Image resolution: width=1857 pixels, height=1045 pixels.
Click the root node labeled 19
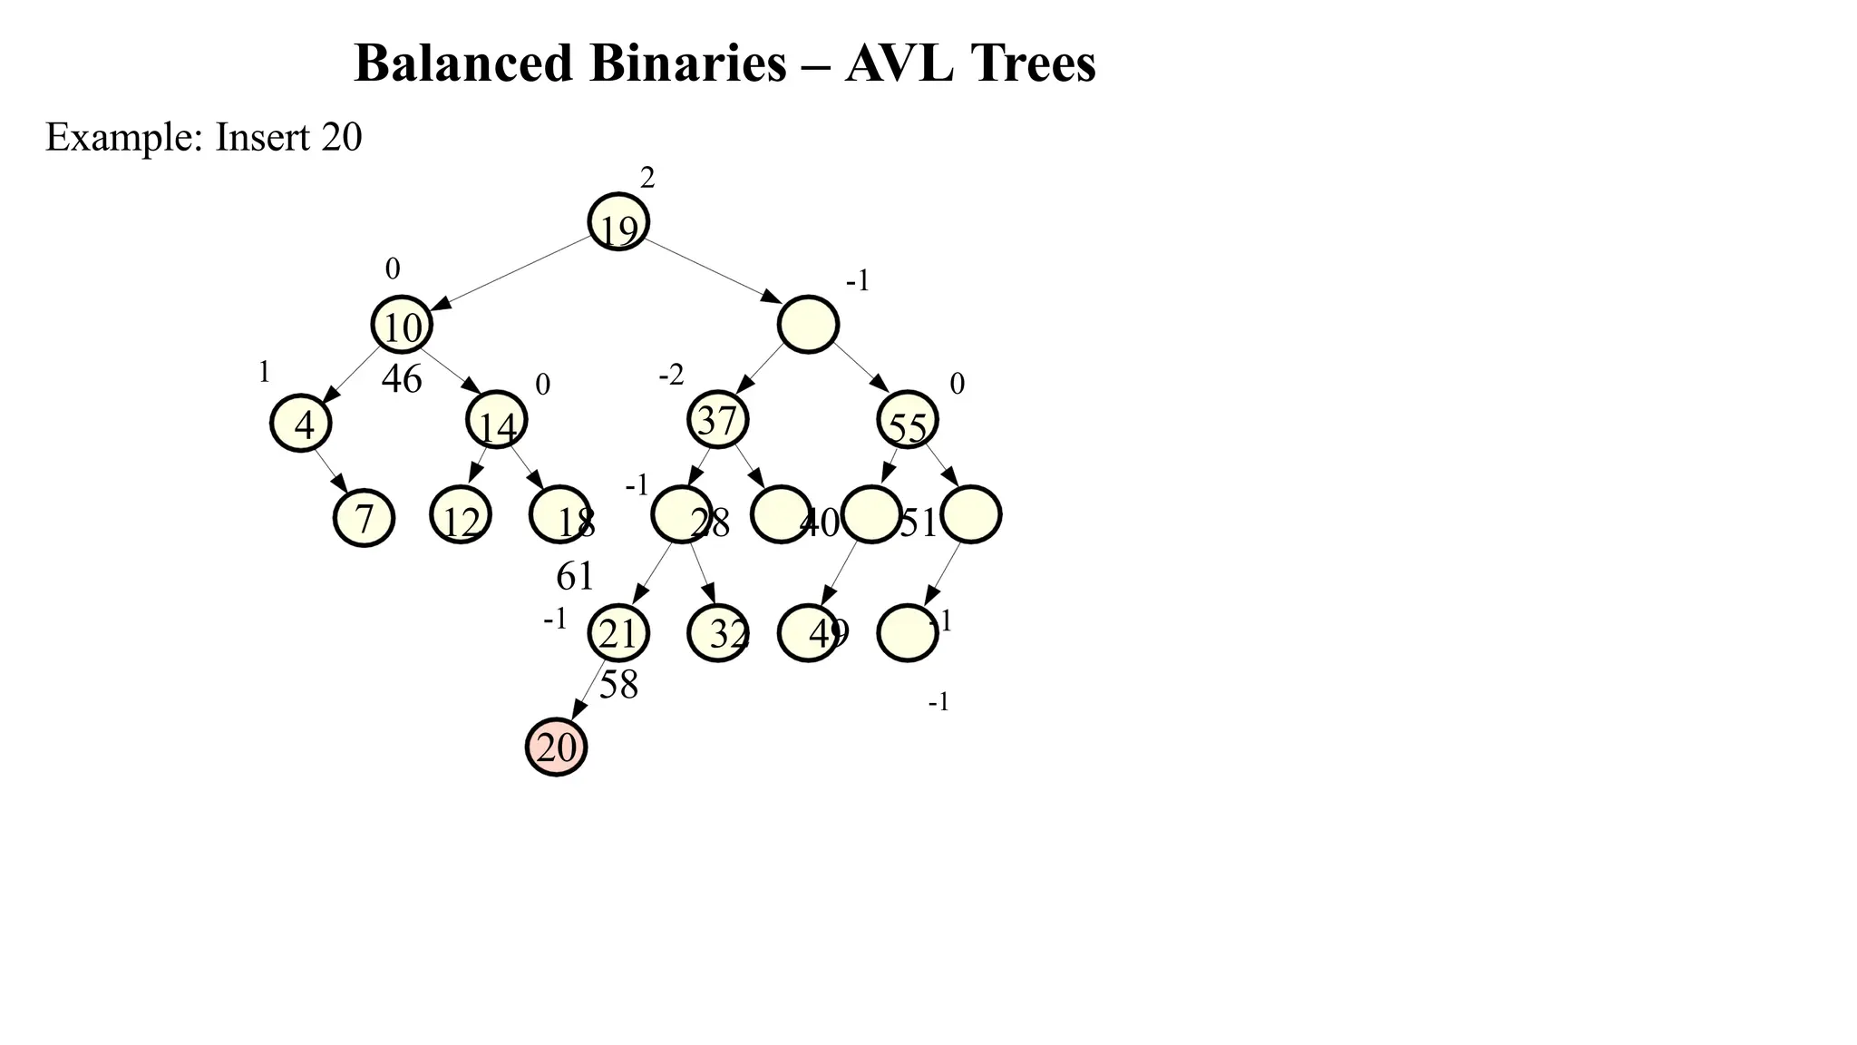[x=618, y=222]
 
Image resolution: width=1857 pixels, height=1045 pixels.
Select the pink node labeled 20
[x=557, y=747]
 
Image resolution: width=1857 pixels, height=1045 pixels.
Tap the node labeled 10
[x=402, y=325]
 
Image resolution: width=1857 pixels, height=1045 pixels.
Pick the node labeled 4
[x=301, y=424]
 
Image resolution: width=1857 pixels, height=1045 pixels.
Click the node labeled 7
[x=365, y=518]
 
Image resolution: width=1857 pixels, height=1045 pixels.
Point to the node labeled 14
[x=497, y=421]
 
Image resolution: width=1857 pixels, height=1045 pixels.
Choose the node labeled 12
[x=461, y=516]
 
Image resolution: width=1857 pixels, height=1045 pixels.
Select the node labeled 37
[x=718, y=420]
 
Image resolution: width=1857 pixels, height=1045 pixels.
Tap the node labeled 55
[x=908, y=421]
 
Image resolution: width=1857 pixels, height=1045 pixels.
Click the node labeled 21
[x=618, y=633]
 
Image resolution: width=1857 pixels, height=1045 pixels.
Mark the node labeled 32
[x=718, y=633]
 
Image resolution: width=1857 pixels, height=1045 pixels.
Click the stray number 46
[x=402, y=379]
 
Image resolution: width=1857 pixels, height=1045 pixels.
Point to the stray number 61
[x=575, y=576]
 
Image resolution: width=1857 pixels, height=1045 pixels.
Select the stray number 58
[x=619, y=685]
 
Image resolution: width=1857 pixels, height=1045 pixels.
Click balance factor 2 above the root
[x=647, y=179]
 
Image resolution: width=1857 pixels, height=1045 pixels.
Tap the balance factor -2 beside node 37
[x=672, y=375]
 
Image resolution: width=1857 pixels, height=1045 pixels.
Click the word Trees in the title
[x=1033, y=63]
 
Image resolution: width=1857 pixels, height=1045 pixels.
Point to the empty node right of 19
[x=808, y=325]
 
